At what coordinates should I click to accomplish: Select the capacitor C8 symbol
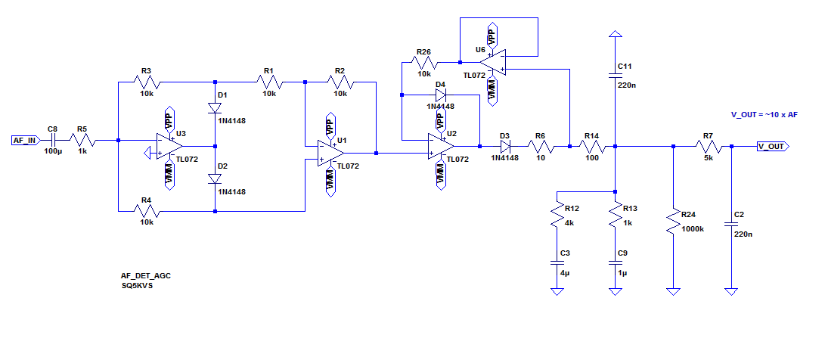tap(52, 140)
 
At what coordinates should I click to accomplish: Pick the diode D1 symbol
tap(216, 107)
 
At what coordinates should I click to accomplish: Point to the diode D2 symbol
tap(216, 179)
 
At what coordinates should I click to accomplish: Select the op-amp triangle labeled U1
tap(330, 153)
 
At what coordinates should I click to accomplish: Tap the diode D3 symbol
tap(505, 146)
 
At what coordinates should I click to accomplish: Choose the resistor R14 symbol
tap(591, 146)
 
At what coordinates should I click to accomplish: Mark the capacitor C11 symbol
tap(616, 74)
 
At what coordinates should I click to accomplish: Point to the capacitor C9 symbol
tap(616, 262)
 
